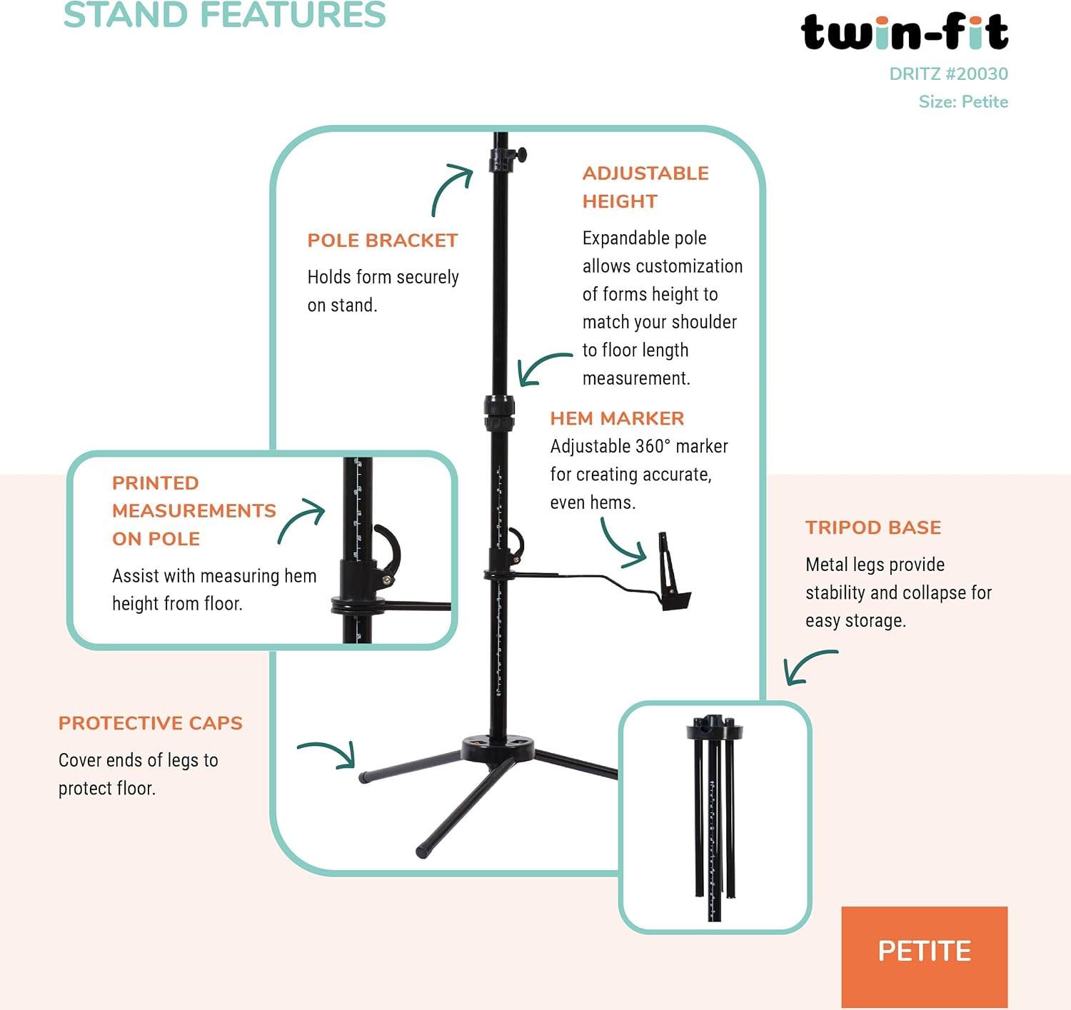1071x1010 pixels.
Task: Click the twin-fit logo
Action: click(904, 32)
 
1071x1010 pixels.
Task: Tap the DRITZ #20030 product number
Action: click(948, 74)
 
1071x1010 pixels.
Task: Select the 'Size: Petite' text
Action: click(963, 101)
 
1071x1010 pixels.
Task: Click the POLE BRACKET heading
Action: click(382, 241)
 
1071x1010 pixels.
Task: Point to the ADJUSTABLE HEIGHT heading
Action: click(645, 187)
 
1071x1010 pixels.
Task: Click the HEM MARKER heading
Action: click(617, 418)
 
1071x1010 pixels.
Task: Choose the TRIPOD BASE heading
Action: click(873, 527)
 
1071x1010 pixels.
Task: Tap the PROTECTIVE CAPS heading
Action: click(151, 723)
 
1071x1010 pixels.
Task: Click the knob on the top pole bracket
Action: click(521, 155)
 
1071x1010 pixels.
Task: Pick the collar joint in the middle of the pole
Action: click(499, 413)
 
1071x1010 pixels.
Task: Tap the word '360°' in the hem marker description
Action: click(653, 447)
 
